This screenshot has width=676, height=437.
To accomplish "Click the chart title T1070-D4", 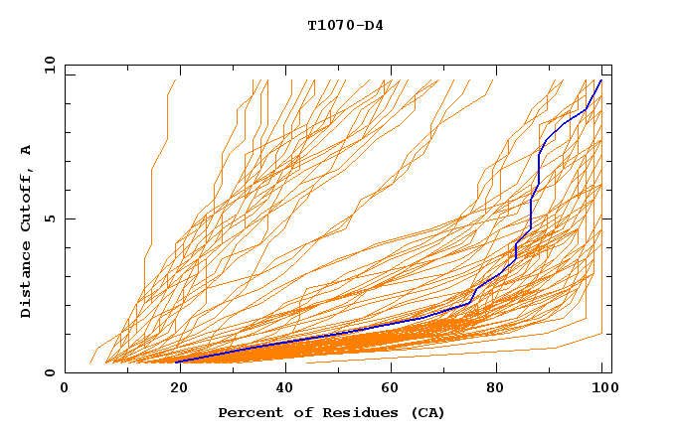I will [x=345, y=26].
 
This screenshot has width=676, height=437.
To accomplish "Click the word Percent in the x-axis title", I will [x=246, y=412].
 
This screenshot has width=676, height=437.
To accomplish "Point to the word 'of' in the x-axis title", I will [x=298, y=412].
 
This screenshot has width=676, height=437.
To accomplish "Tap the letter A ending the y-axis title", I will [x=27, y=149].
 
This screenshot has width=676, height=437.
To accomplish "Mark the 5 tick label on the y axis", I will [x=49, y=218].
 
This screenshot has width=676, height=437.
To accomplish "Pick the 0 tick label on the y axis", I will [x=49, y=373].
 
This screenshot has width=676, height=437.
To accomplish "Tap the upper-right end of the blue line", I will [x=601, y=80].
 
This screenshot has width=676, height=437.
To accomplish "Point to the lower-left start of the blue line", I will [x=177, y=362].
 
